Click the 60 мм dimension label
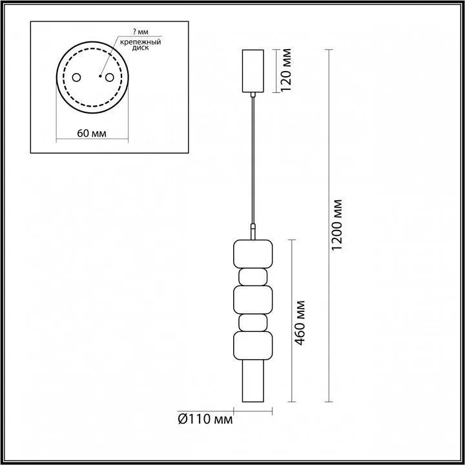[92, 133]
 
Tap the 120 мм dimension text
[286, 70]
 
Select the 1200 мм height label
[336, 225]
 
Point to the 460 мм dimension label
[300, 323]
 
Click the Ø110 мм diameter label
[205, 419]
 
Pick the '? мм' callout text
[141, 32]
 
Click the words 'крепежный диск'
[140, 45]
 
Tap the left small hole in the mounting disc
[76, 77]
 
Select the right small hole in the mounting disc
[109, 77]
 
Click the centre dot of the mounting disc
[101, 76]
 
